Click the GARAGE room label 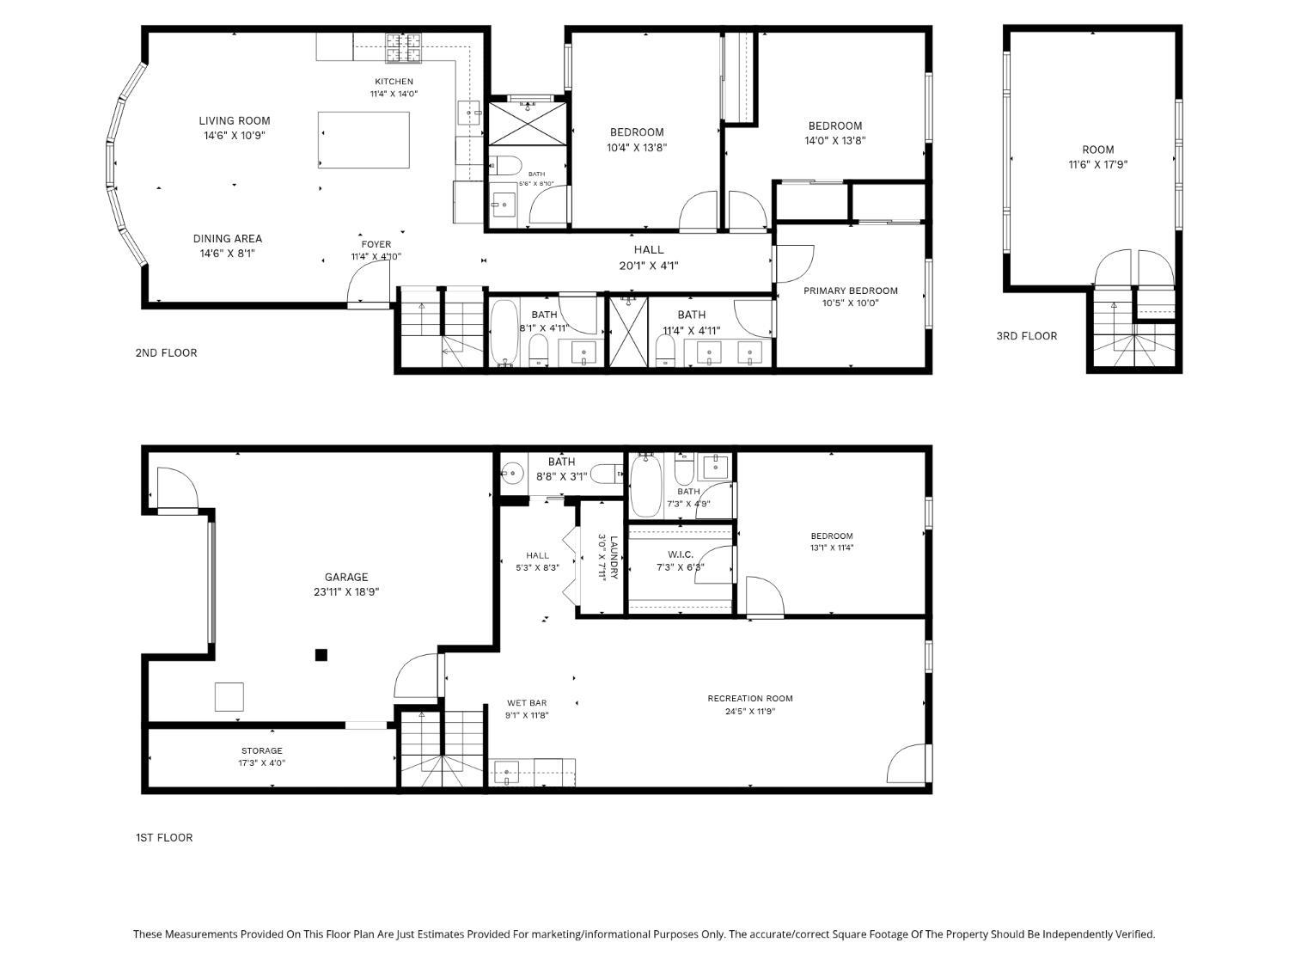click(346, 577)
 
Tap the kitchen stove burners click(403, 47)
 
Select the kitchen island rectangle click(363, 140)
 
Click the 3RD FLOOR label click(1027, 336)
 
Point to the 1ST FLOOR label click(164, 838)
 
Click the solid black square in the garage click(321, 655)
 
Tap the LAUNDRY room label click(614, 557)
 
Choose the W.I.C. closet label click(681, 554)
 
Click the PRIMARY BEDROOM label click(851, 291)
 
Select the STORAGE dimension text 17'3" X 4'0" click(261, 762)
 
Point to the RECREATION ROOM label click(750, 698)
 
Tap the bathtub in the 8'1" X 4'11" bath click(504, 333)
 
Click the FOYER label click(376, 244)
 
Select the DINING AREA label click(227, 238)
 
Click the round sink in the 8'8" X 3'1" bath click(513, 471)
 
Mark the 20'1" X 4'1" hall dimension click(648, 266)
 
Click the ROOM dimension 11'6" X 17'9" click(1097, 164)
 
